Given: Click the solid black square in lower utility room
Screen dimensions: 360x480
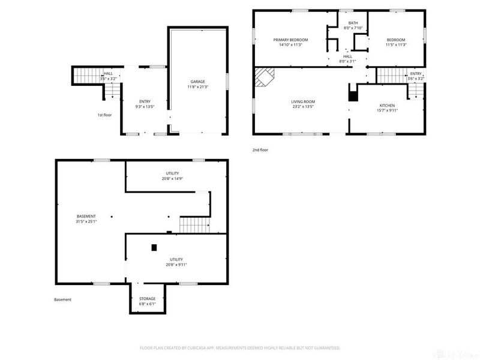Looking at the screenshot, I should tap(154, 247).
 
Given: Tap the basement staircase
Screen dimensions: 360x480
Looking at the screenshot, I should tap(194, 226).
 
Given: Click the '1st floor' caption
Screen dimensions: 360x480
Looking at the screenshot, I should tap(104, 115).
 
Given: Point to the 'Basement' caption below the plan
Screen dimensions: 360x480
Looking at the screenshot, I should tap(62, 299).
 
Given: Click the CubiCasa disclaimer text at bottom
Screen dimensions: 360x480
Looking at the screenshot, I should tap(240, 347).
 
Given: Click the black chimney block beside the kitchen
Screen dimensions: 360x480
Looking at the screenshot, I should tap(353, 95).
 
